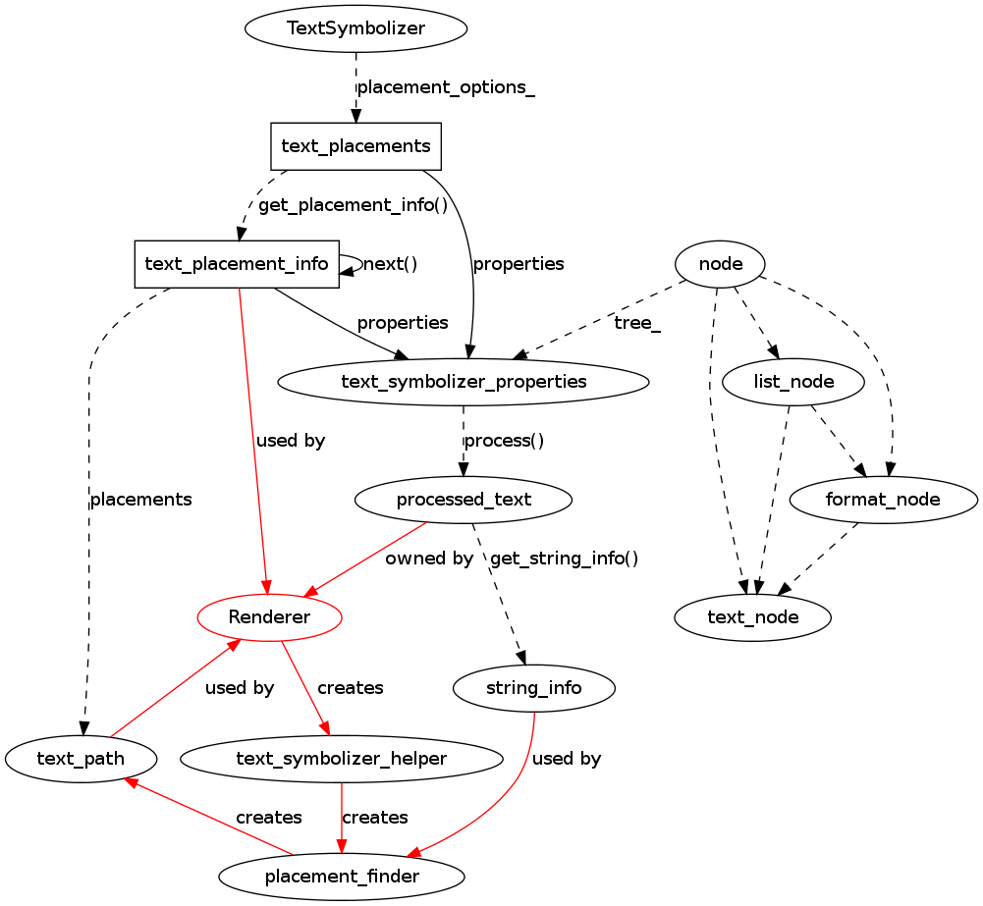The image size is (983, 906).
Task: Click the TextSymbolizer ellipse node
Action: pyautogui.click(x=355, y=28)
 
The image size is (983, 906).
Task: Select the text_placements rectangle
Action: pyautogui.click(x=355, y=146)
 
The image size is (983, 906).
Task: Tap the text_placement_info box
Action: pyautogui.click(x=237, y=264)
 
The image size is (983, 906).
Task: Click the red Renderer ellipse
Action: pyautogui.click(x=269, y=617)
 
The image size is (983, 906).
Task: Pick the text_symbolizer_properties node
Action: pyautogui.click(x=463, y=382)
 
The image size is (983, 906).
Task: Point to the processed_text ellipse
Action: pyautogui.click(x=464, y=500)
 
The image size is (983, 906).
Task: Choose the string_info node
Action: pyautogui.click(x=534, y=688)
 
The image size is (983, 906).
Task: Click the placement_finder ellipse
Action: pyautogui.click(x=342, y=877)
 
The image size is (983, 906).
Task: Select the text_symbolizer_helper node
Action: pyautogui.click(x=342, y=759)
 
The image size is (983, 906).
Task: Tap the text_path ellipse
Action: pyautogui.click(x=81, y=759)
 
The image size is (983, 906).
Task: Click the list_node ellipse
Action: pyautogui.click(x=793, y=382)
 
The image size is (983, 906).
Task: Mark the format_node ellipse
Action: pyautogui.click(x=883, y=500)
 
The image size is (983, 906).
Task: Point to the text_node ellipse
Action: pyautogui.click(x=753, y=617)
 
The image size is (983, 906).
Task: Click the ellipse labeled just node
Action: pyautogui.click(x=720, y=264)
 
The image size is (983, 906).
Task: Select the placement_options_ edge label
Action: pyautogui.click(x=446, y=87)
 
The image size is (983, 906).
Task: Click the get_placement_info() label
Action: pyautogui.click(x=353, y=205)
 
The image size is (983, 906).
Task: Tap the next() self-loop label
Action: pyautogui.click(x=390, y=264)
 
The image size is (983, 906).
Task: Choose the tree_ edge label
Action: pyautogui.click(x=637, y=323)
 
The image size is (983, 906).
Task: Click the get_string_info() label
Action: pyautogui.click(x=564, y=559)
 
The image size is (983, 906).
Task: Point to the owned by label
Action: pyautogui.click(x=429, y=559)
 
